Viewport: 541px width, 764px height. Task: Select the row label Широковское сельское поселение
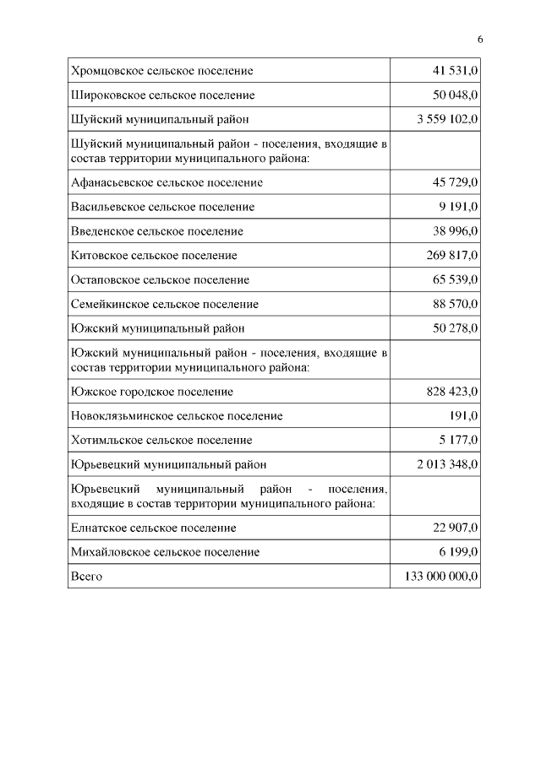(163, 95)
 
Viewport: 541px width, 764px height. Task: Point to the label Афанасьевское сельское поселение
(167, 182)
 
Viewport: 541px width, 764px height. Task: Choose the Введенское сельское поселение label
(157, 230)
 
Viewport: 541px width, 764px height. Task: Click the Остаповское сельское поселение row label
(161, 279)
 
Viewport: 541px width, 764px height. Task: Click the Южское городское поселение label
(152, 392)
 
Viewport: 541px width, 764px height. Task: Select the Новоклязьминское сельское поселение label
(177, 416)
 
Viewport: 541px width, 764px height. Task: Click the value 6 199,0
(458, 551)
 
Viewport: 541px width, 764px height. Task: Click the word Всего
(87, 576)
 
